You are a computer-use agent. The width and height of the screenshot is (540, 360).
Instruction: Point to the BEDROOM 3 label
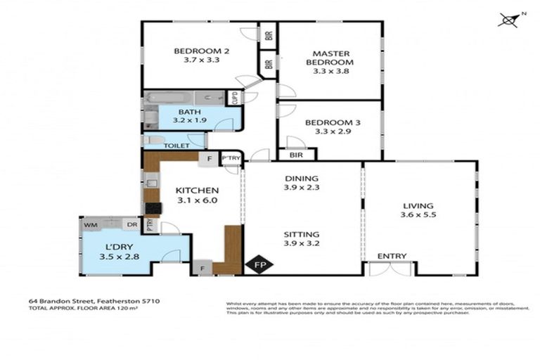pyautogui.click(x=333, y=123)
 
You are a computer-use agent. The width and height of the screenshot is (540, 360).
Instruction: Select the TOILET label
pyautogui.click(x=176, y=146)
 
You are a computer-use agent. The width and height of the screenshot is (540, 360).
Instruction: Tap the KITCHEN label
pyautogui.click(x=198, y=191)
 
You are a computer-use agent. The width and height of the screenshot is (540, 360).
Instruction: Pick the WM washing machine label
pyautogui.click(x=90, y=225)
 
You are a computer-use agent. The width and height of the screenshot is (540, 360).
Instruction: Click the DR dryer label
pyautogui.click(x=131, y=225)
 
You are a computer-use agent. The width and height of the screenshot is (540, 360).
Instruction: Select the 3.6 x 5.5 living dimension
pyautogui.click(x=418, y=215)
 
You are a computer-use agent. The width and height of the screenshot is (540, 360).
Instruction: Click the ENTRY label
pyautogui.click(x=390, y=256)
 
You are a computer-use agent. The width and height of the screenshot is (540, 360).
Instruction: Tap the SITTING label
pyautogui.click(x=301, y=234)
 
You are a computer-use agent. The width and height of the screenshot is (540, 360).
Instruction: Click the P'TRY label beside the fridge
pyautogui.click(x=231, y=159)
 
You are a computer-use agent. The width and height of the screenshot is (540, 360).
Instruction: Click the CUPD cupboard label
pyautogui.click(x=235, y=98)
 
